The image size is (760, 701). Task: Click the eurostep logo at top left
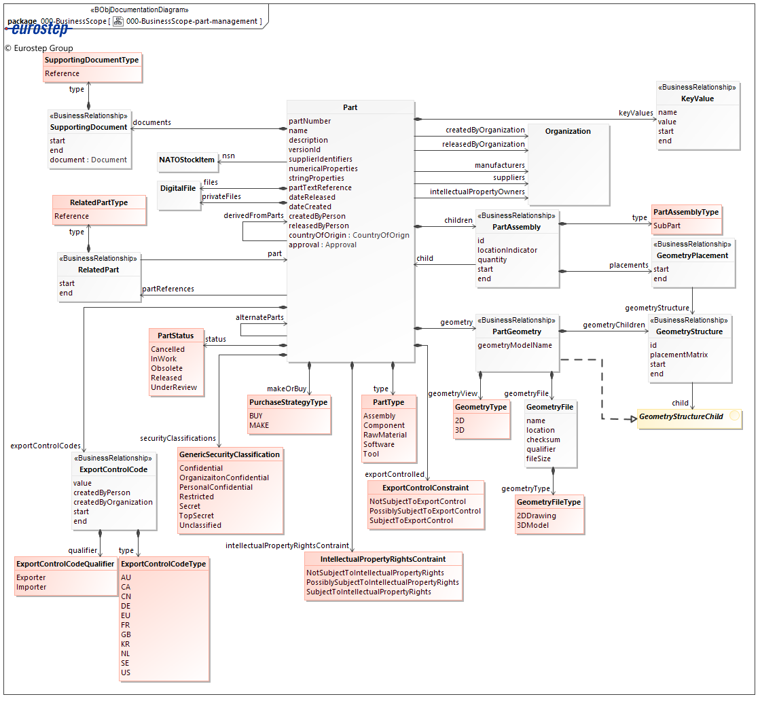tap(41, 29)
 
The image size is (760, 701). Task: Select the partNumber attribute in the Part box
tap(310, 121)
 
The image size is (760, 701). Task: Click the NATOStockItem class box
tap(187, 160)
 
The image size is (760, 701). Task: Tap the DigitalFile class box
tap(178, 188)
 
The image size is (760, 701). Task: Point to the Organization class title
tap(568, 131)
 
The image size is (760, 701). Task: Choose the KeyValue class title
tap(698, 98)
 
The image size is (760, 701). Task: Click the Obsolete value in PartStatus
tap(166, 368)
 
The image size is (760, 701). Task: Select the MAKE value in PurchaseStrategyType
tap(259, 425)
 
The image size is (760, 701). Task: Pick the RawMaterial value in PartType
tap(385, 435)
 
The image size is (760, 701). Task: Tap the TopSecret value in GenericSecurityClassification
tap(196, 516)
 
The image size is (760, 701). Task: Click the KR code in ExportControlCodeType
tap(126, 644)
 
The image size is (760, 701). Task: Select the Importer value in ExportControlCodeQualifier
tap(31, 587)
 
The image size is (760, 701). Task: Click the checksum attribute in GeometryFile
tap(543, 439)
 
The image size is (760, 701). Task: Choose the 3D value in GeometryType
tap(460, 430)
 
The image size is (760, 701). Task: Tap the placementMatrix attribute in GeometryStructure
tap(678, 355)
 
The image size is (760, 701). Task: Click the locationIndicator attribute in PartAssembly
tap(507, 250)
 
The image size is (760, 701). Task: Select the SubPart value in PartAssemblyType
tap(667, 226)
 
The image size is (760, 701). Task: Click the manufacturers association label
tap(499, 165)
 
